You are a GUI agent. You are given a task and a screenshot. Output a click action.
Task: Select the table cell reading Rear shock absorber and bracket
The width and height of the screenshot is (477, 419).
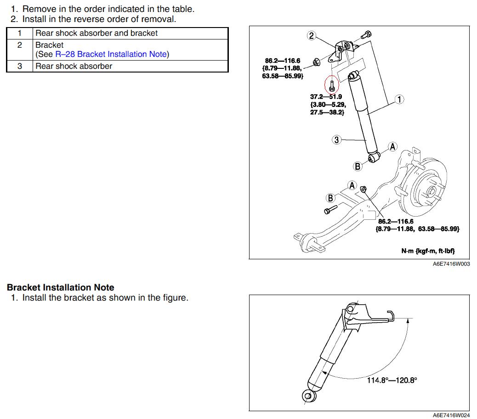coord(97,33)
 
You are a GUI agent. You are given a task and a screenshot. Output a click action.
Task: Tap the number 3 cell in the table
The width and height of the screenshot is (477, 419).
coord(20,66)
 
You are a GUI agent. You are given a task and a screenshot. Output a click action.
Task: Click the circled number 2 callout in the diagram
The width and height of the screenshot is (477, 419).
coord(312,36)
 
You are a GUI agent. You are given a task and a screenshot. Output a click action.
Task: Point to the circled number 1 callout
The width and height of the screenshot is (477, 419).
coord(400,99)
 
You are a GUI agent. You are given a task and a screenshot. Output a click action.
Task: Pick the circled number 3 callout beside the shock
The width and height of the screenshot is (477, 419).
coord(337,140)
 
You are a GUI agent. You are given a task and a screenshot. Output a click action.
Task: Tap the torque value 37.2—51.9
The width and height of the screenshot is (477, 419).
coord(326,97)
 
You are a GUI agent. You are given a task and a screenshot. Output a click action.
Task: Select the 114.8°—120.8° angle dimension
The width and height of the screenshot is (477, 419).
coord(392,380)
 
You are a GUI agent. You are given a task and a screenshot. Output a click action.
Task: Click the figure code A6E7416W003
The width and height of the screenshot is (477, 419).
coord(451,264)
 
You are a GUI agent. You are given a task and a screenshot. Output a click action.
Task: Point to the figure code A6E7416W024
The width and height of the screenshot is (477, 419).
coord(451,415)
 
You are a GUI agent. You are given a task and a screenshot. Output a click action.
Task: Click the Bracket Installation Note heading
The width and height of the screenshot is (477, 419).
coord(60,288)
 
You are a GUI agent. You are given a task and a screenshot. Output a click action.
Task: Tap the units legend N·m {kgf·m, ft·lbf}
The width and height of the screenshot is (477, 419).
coord(428,251)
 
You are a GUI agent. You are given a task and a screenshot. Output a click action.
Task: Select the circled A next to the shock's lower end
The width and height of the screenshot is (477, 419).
coord(392,147)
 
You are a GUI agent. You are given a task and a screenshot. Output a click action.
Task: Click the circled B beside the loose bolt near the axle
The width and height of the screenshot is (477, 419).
coord(330,198)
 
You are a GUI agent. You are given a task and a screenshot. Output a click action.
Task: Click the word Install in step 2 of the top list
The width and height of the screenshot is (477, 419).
coord(35,19)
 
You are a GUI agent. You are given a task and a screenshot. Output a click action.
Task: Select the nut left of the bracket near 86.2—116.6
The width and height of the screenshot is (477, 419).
coord(316,61)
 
